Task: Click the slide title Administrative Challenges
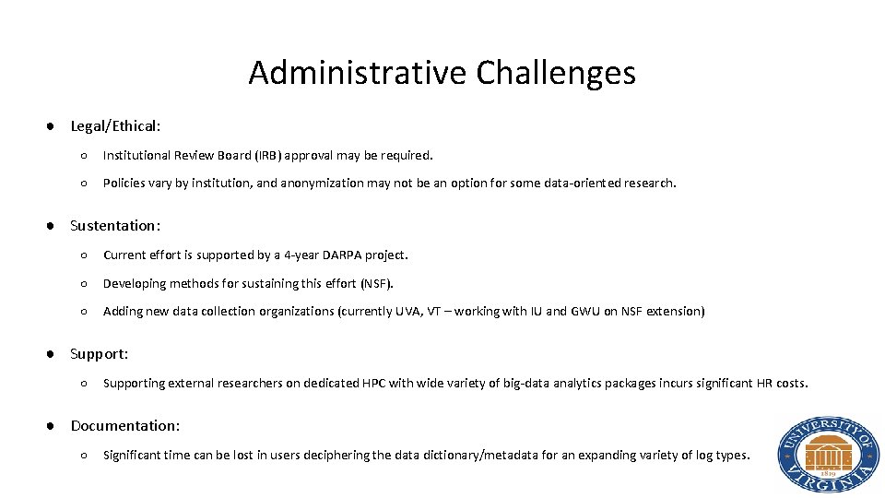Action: tap(442, 72)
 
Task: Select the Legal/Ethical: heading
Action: tap(115, 125)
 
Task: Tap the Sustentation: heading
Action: tap(115, 225)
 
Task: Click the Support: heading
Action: tap(99, 353)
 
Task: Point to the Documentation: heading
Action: tap(124, 425)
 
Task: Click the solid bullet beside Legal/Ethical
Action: tap(54, 125)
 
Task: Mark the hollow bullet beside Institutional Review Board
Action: tap(84, 155)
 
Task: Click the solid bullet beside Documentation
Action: tap(54, 425)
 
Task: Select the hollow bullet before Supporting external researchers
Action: tap(84, 383)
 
